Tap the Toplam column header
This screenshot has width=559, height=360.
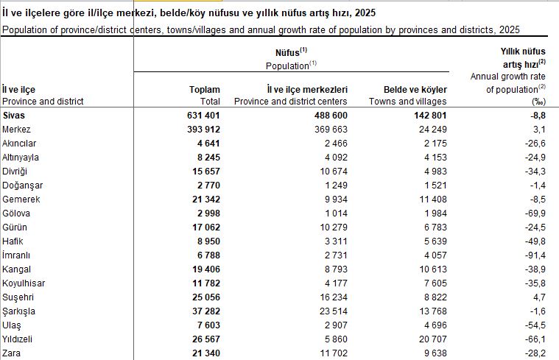tap(205, 89)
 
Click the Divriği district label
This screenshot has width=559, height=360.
tap(16, 171)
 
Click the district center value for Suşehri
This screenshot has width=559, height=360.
tap(331, 297)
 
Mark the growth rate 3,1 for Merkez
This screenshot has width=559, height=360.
tap(538, 130)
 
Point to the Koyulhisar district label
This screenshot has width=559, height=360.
tap(26, 283)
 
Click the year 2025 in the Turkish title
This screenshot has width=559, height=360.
tap(365, 13)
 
